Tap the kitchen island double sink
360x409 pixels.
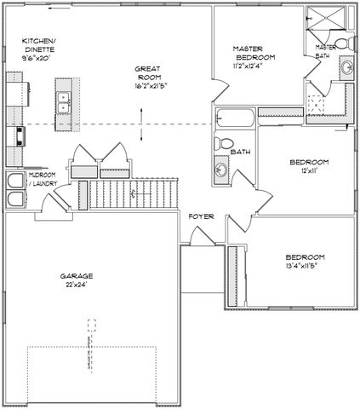click(64, 102)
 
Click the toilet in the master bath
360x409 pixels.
click(340, 43)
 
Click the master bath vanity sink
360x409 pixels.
click(346, 69)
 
